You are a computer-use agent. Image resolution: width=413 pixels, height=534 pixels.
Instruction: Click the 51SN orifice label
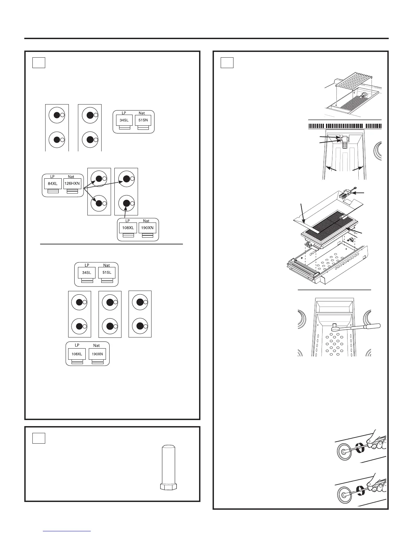[143, 120]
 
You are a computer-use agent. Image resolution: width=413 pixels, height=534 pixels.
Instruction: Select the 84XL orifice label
[53, 184]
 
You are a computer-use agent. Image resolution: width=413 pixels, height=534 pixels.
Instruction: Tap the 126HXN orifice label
[72, 184]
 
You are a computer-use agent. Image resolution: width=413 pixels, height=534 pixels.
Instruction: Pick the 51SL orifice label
[107, 272]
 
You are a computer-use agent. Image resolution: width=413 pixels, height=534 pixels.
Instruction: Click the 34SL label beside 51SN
[124, 120]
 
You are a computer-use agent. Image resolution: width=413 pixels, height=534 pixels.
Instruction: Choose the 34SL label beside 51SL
[87, 272]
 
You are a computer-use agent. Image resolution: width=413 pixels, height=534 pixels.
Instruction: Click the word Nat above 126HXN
[71, 177]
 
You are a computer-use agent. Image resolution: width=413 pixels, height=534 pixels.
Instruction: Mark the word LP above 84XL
[52, 177]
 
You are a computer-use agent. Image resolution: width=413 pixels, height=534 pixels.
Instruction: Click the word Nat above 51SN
[142, 113]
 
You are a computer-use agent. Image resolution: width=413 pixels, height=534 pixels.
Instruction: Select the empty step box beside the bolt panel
[39, 438]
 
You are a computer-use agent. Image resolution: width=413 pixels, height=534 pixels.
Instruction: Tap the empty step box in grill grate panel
[227, 62]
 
